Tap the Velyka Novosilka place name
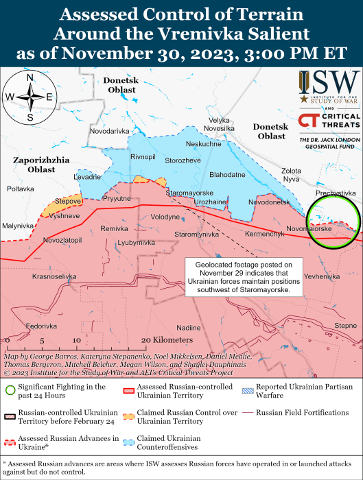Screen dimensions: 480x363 pyautogui.click(x=219, y=124)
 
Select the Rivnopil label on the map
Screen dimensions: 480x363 pyautogui.click(x=143, y=157)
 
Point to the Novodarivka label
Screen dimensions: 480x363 pyautogui.click(x=109, y=130)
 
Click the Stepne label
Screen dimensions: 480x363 pyautogui.click(x=345, y=325)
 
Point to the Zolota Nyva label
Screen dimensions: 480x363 pyautogui.click(x=291, y=174)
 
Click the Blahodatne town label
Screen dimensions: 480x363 pyautogui.click(x=227, y=175)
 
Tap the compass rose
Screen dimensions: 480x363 pyautogui.click(x=30, y=97)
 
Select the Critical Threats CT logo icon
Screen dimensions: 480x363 pyautogui.click(x=307, y=121)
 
